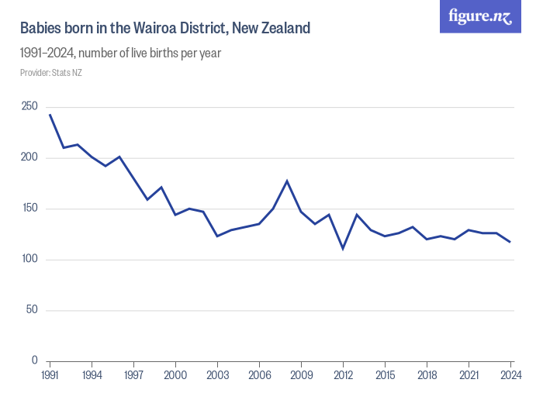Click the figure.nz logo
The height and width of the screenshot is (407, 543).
(480, 16)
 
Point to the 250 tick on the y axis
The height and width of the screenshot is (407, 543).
(29, 107)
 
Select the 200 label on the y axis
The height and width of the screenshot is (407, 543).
(29, 157)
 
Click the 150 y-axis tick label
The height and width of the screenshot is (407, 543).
(29, 209)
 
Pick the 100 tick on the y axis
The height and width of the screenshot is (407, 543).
(29, 259)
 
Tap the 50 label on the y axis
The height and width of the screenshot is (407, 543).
(31, 310)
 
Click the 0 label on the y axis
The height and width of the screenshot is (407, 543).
(34, 360)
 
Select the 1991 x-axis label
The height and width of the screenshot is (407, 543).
(50, 375)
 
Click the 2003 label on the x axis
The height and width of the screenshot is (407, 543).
(218, 375)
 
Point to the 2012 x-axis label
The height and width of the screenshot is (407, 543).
(343, 375)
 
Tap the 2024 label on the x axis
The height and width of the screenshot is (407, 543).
(510, 375)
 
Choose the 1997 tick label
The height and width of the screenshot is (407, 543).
(134, 375)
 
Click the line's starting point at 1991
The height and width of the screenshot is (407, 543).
(50, 115)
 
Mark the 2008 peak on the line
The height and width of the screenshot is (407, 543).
(287, 181)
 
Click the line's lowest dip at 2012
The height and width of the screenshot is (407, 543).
(343, 249)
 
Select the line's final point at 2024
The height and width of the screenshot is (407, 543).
(510, 242)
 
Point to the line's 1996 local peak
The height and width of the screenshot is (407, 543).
(119, 157)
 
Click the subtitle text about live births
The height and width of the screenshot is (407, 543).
(121, 53)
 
